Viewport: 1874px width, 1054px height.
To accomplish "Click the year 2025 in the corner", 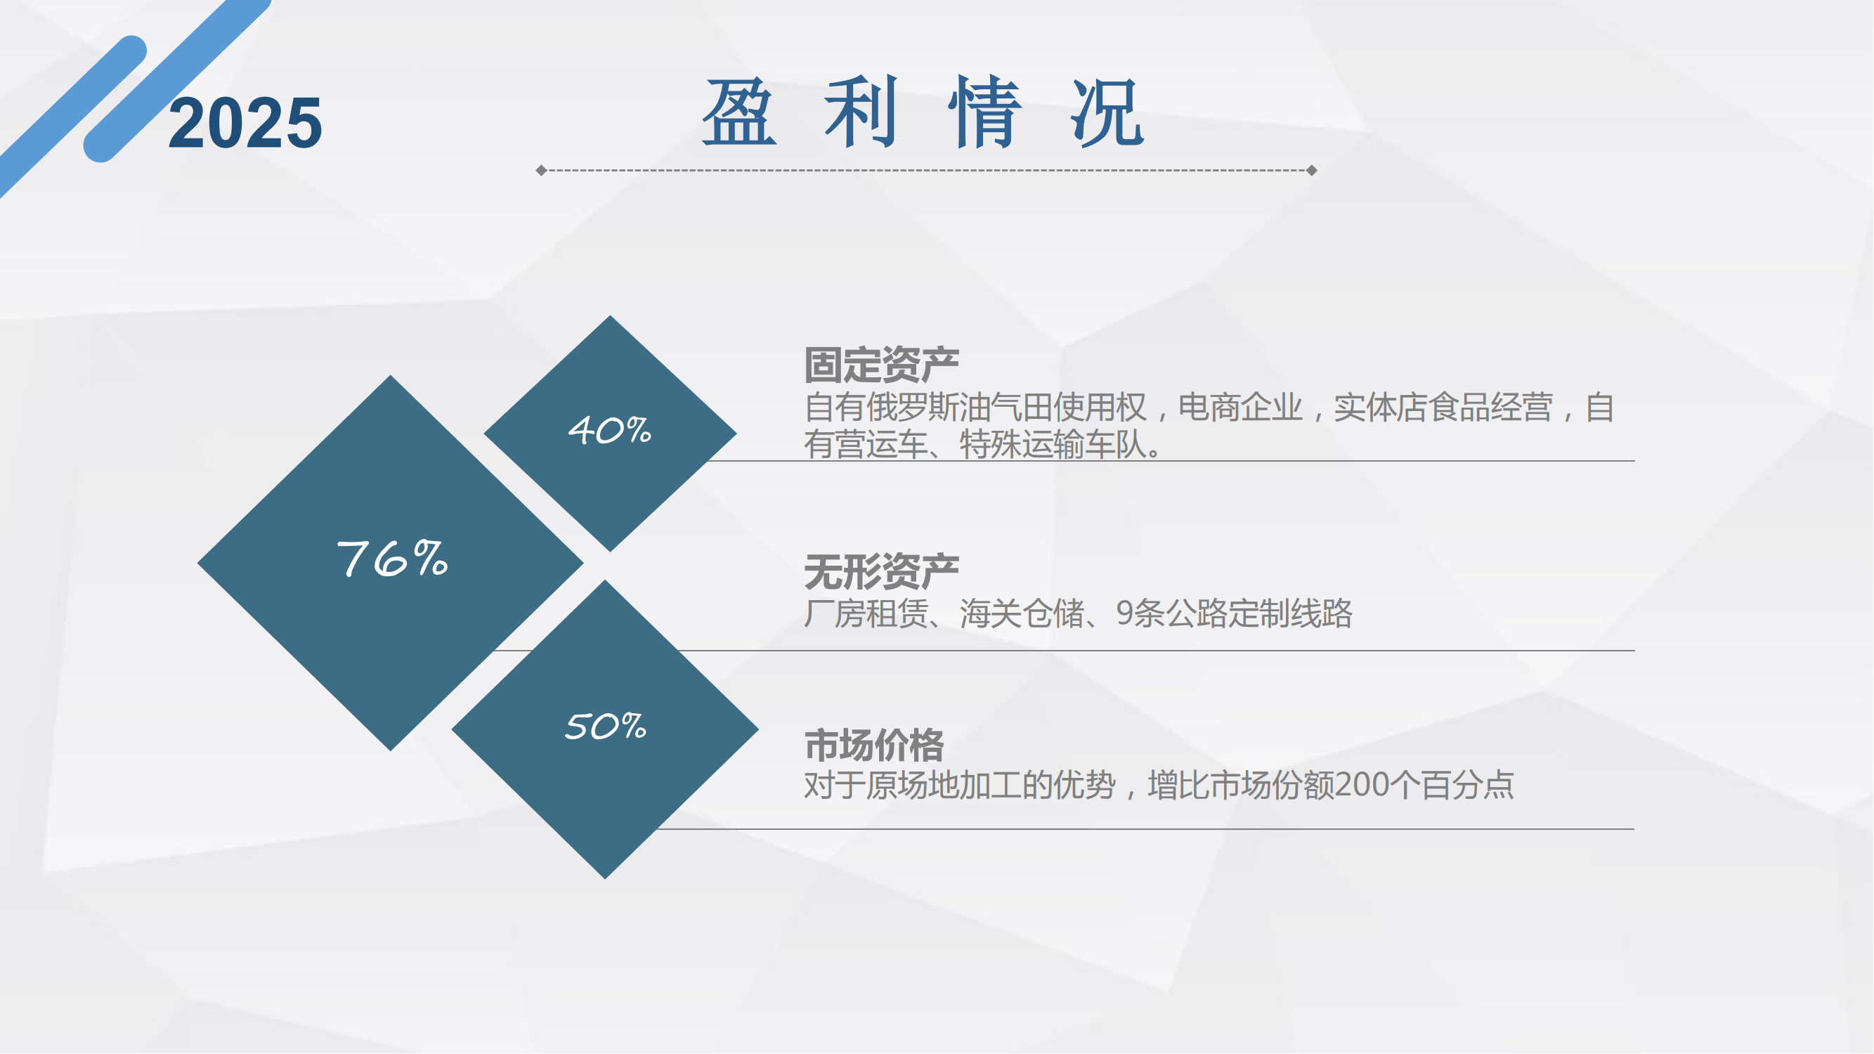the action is click(245, 124).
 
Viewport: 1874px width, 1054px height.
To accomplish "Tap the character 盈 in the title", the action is click(739, 112).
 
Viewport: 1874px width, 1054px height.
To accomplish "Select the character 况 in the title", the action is click(1108, 112).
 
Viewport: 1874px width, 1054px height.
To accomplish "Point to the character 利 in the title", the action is click(861, 112).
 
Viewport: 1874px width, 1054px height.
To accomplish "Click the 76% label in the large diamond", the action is click(392, 559).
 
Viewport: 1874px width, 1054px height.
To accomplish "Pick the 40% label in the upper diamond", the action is click(610, 430).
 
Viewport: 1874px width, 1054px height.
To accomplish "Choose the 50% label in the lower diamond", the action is click(606, 726).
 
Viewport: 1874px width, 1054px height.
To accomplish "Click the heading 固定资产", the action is click(882, 365).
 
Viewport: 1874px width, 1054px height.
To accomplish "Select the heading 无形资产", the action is click(882, 572).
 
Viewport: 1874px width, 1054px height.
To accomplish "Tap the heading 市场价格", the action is click(873, 745).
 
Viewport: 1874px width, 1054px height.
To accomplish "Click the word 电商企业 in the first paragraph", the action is click(1240, 408).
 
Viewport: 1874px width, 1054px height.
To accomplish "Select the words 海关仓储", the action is click(1022, 613).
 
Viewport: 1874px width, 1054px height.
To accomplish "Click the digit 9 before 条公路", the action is click(1125, 613).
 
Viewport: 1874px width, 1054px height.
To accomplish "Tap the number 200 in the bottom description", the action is click(1362, 785).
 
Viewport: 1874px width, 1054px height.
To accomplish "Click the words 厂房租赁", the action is click(866, 613).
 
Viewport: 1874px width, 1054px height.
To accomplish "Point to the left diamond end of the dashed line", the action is click(541, 170).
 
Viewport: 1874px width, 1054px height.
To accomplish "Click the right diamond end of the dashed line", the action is click(1312, 170).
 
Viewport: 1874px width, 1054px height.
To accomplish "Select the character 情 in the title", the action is click(985, 112).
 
